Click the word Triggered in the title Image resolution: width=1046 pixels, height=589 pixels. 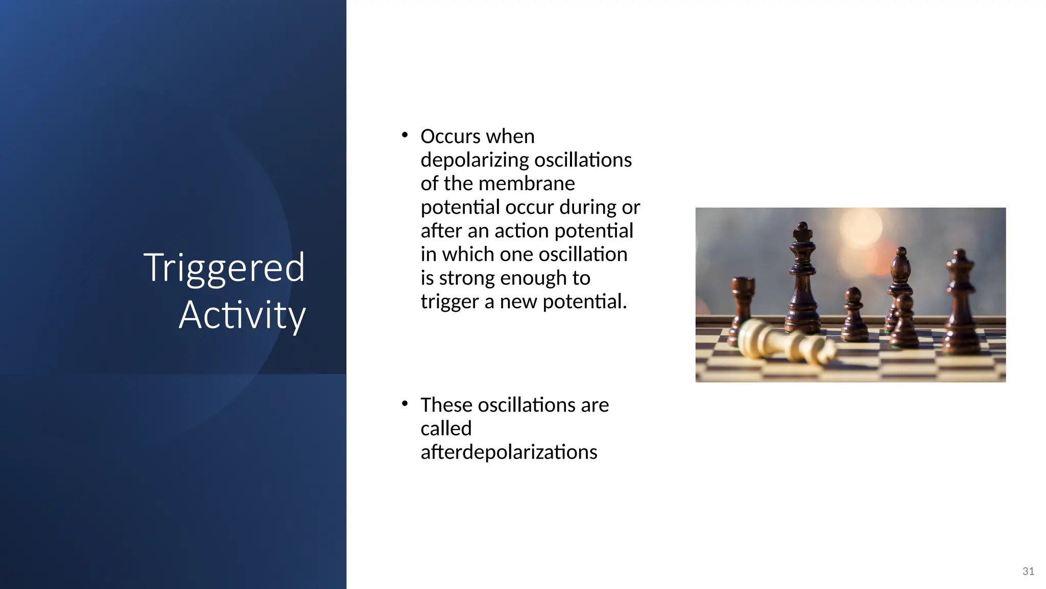click(x=224, y=268)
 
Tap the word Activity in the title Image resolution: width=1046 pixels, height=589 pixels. click(x=242, y=315)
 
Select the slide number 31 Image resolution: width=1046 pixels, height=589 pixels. click(x=1028, y=571)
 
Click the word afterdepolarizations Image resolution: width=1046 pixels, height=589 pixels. click(x=509, y=452)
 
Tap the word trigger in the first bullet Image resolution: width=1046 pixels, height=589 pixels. click(x=450, y=302)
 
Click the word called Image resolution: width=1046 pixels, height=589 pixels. click(x=446, y=428)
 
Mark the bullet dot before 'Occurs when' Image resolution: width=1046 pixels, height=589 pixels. click(x=405, y=135)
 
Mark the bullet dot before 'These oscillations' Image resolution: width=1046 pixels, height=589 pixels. click(x=405, y=404)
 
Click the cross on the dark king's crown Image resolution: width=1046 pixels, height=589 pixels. click(x=802, y=228)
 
